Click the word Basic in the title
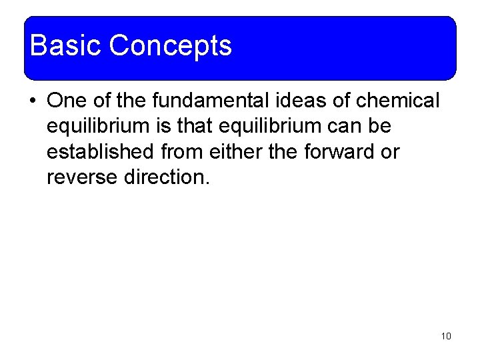click(66, 46)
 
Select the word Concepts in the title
click(170, 46)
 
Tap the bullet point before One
click(32, 101)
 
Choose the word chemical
click(398, 101)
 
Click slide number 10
click(446, 336)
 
